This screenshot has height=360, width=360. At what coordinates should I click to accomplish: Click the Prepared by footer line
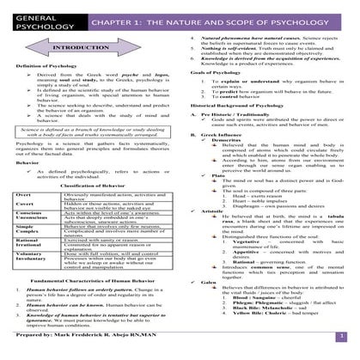[x=96, y=351]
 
